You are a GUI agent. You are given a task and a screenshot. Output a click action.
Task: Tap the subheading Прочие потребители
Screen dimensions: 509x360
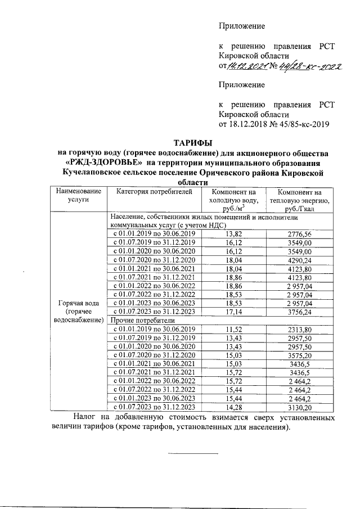tap(137, 320)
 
